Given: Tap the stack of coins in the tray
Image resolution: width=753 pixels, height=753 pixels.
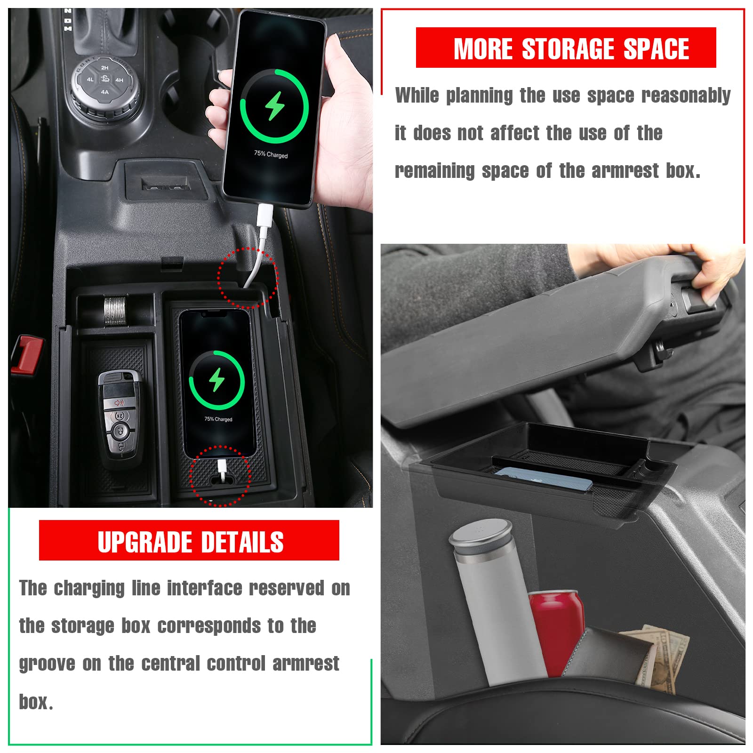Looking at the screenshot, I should click(x=115, y=311).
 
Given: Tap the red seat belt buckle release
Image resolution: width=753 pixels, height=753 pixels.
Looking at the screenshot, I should click(x=27, y=354).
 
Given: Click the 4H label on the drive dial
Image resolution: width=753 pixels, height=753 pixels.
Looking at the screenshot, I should click(x=120, y=80).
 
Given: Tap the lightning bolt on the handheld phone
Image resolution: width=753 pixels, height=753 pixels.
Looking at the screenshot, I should click(x=274, y=106).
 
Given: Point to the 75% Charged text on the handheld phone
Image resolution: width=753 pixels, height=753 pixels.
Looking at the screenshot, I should click(x=271, y=154).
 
